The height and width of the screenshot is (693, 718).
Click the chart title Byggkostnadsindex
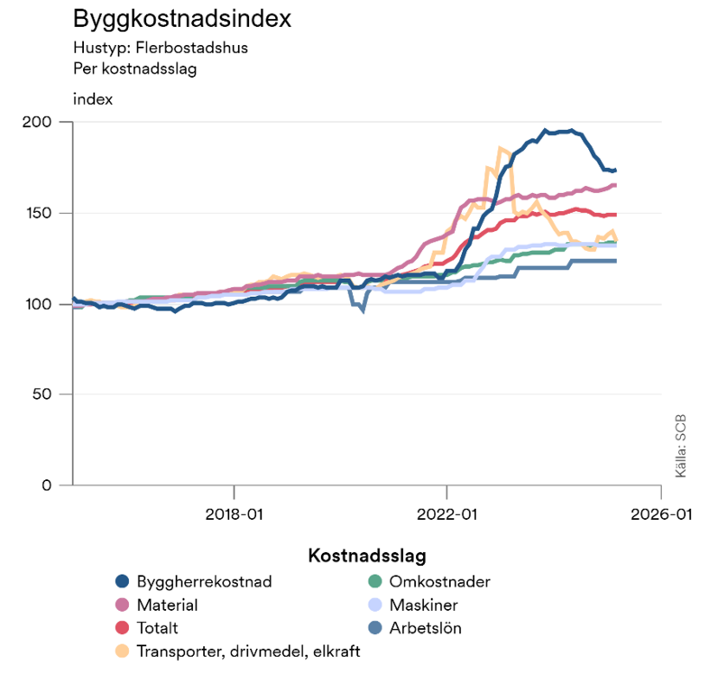[169, 19]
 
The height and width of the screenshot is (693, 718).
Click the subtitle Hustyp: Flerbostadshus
[160, 49]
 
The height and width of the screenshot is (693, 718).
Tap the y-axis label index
[92, 99]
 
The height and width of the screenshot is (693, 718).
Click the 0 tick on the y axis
[53, 485]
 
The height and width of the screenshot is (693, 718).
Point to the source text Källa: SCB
[681, 447]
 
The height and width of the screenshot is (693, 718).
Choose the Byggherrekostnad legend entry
[204, 581]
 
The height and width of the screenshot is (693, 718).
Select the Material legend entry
[167, 605]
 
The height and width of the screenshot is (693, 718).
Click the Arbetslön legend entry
[425, 628]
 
